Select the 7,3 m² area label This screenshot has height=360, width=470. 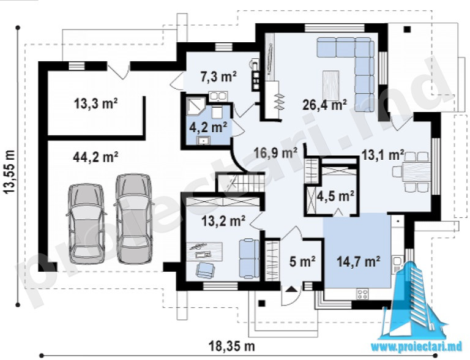click(218, 77)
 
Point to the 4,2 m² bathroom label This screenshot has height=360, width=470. click(207, 128)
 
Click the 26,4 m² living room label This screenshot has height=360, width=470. click(324, 105)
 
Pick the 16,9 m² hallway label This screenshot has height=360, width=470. click(275, 153)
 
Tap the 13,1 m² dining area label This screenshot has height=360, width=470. click(382, 155)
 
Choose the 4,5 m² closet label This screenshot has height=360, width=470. click(336, 197)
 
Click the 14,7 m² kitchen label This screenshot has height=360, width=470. click(359, 262)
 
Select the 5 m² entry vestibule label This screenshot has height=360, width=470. click(302, 262)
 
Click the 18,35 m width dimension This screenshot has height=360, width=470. click(232, 347)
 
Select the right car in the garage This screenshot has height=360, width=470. click(133, 219)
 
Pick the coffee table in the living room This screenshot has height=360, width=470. click(331, 83)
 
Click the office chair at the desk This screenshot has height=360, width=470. click(205, 269)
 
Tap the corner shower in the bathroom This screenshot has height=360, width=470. click(195, 106)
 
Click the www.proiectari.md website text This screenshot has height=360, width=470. click(417, 347)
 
